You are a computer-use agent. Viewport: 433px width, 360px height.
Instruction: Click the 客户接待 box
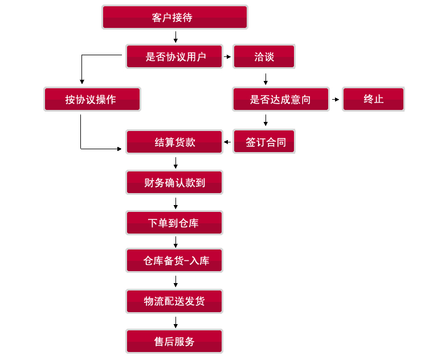tap(174, 17)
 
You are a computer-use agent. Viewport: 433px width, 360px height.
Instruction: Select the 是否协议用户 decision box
tap(174, 56)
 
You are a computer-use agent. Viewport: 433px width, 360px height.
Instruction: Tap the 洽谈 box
tap(264, 56)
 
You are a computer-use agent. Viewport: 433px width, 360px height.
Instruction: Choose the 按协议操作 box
tap(92, 99)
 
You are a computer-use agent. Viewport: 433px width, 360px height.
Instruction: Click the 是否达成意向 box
tap(281, 99)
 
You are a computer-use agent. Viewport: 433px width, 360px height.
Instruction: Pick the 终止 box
tap(373, 99)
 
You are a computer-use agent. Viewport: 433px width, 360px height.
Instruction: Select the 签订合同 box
tap(264, 142)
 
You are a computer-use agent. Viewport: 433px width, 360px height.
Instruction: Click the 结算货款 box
tap(174, 142)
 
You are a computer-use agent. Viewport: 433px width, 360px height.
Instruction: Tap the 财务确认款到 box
tap(174, 182)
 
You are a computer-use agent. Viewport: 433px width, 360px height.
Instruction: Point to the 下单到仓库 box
tap(174, 223)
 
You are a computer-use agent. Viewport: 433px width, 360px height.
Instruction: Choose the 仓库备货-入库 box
tap(174, 261)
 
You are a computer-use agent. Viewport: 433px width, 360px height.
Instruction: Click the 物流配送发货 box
tap(174, 301)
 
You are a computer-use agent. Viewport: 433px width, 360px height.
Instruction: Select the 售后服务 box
tap(174, 341)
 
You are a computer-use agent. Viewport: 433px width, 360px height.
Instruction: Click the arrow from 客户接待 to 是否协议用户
tap(175, 37)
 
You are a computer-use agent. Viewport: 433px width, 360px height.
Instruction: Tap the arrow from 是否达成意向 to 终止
tap(336, 100)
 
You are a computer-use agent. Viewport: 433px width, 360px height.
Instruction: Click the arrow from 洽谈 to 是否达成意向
tap(265, 79)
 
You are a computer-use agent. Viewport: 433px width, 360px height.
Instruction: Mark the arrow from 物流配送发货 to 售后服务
tap(175, 321)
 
